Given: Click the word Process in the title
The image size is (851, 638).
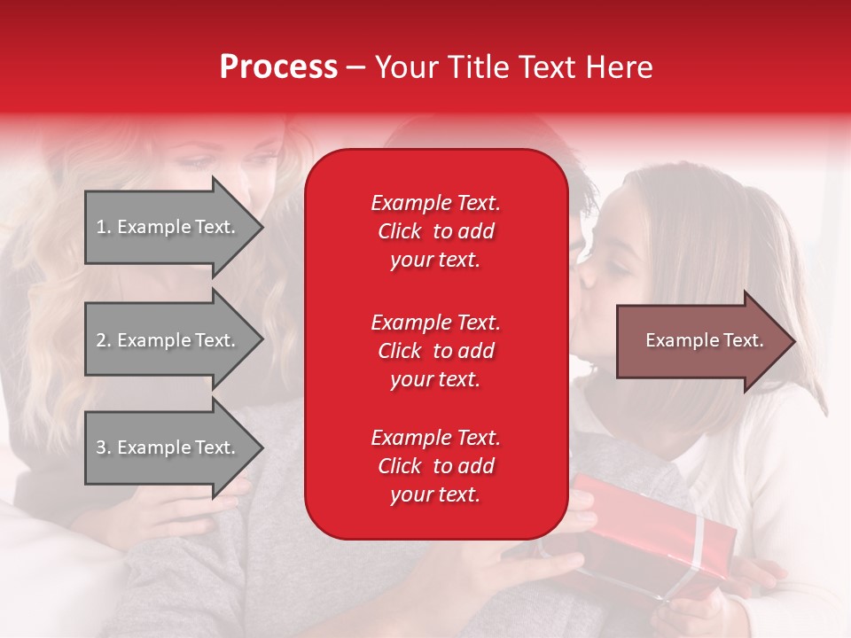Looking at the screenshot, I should (278, 67).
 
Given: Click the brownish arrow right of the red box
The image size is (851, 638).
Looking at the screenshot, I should (700, 341).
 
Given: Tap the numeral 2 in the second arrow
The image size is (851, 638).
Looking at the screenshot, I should (101, 340).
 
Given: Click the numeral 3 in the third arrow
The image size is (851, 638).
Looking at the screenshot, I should (101, 447).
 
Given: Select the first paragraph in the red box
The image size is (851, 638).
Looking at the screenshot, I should (435, 231).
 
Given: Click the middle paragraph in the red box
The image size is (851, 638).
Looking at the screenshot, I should (435, 351).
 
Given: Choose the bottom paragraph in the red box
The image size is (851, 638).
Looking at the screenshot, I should (435, 466).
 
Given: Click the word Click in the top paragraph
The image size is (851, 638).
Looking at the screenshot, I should (399, 231).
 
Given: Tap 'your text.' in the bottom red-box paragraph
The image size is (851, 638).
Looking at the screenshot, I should (435, 495).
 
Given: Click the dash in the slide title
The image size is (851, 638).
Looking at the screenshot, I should (355, 68).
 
